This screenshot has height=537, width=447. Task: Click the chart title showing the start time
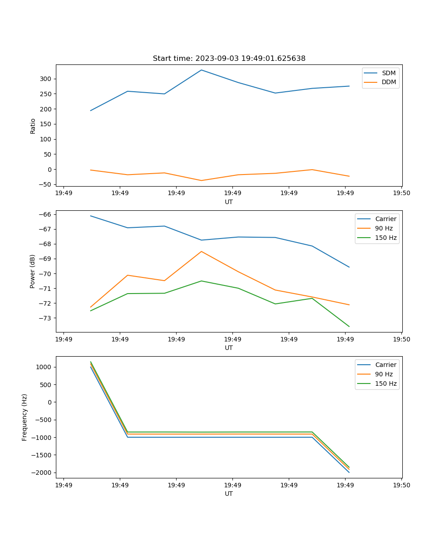tap(229, 59)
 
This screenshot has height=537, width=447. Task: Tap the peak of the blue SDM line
tap(202, 70)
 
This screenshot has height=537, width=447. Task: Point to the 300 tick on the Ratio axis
tap(47, 79)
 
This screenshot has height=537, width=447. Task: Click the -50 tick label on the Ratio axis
tap(46, 184)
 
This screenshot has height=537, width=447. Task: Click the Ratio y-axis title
tap(33, 126)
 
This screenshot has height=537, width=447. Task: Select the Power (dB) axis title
tap(33, 272)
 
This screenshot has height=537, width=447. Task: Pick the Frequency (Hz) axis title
tap(25, 417)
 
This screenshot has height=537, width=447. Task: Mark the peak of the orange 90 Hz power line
tap(202, 251)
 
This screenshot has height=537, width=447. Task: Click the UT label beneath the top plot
tap(229, 202)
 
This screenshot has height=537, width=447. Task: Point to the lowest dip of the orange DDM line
tap(202, 180)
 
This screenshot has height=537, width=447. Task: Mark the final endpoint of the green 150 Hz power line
tap(349, 327)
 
